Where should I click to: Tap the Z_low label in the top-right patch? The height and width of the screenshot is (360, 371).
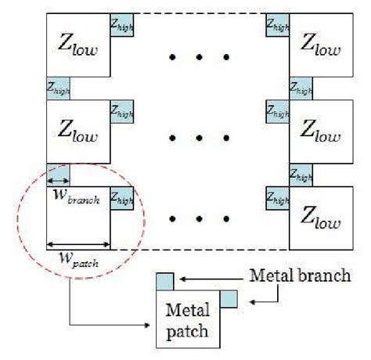coord(321,46)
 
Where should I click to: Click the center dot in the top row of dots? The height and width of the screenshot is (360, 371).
coord(200,57)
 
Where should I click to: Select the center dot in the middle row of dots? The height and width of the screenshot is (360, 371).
coord(200,139)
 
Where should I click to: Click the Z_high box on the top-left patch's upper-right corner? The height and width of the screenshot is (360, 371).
coord(123,24)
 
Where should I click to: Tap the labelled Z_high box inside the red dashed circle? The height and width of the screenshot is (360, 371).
coord(123,199)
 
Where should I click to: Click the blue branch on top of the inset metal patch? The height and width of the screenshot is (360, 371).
coord(164,280)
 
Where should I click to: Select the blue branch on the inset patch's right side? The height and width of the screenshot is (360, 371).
coord(228,298)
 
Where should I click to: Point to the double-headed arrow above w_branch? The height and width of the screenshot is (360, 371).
coord(59,185)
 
